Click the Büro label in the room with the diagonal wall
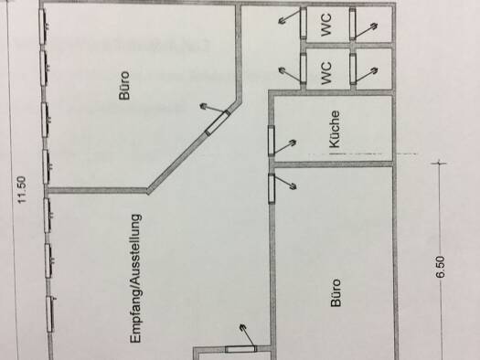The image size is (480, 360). pos(124,86)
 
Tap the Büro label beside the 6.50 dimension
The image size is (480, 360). pos(336,292)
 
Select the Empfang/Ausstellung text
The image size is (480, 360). pos(136,279)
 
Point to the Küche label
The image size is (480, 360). pos(335,130)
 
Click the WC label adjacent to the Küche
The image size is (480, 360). pos(326,73)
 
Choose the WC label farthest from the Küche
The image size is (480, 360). pos(326,24)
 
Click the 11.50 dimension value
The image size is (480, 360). pos(23,190)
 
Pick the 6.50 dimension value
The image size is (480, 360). pos(440,267)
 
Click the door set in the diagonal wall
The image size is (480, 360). pos(218,122)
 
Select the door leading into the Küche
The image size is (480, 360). pos(272,141)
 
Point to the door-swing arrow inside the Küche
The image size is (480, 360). pos(284,147)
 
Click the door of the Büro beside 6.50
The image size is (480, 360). pos(272,188)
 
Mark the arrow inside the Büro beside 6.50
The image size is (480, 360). pos(285,182)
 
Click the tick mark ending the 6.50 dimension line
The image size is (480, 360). pos(439,163)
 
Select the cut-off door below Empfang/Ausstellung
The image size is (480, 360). pos(240,349)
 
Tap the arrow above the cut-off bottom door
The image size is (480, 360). pos(248,335)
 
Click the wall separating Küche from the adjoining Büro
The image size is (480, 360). pos(333,164)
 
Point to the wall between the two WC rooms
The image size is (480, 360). pos(348,46)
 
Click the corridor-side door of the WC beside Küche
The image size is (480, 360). pos(303,68)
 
